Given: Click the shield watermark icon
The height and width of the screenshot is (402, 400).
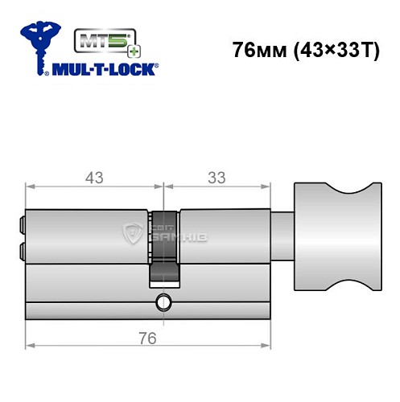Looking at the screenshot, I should [x=131, y=234].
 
